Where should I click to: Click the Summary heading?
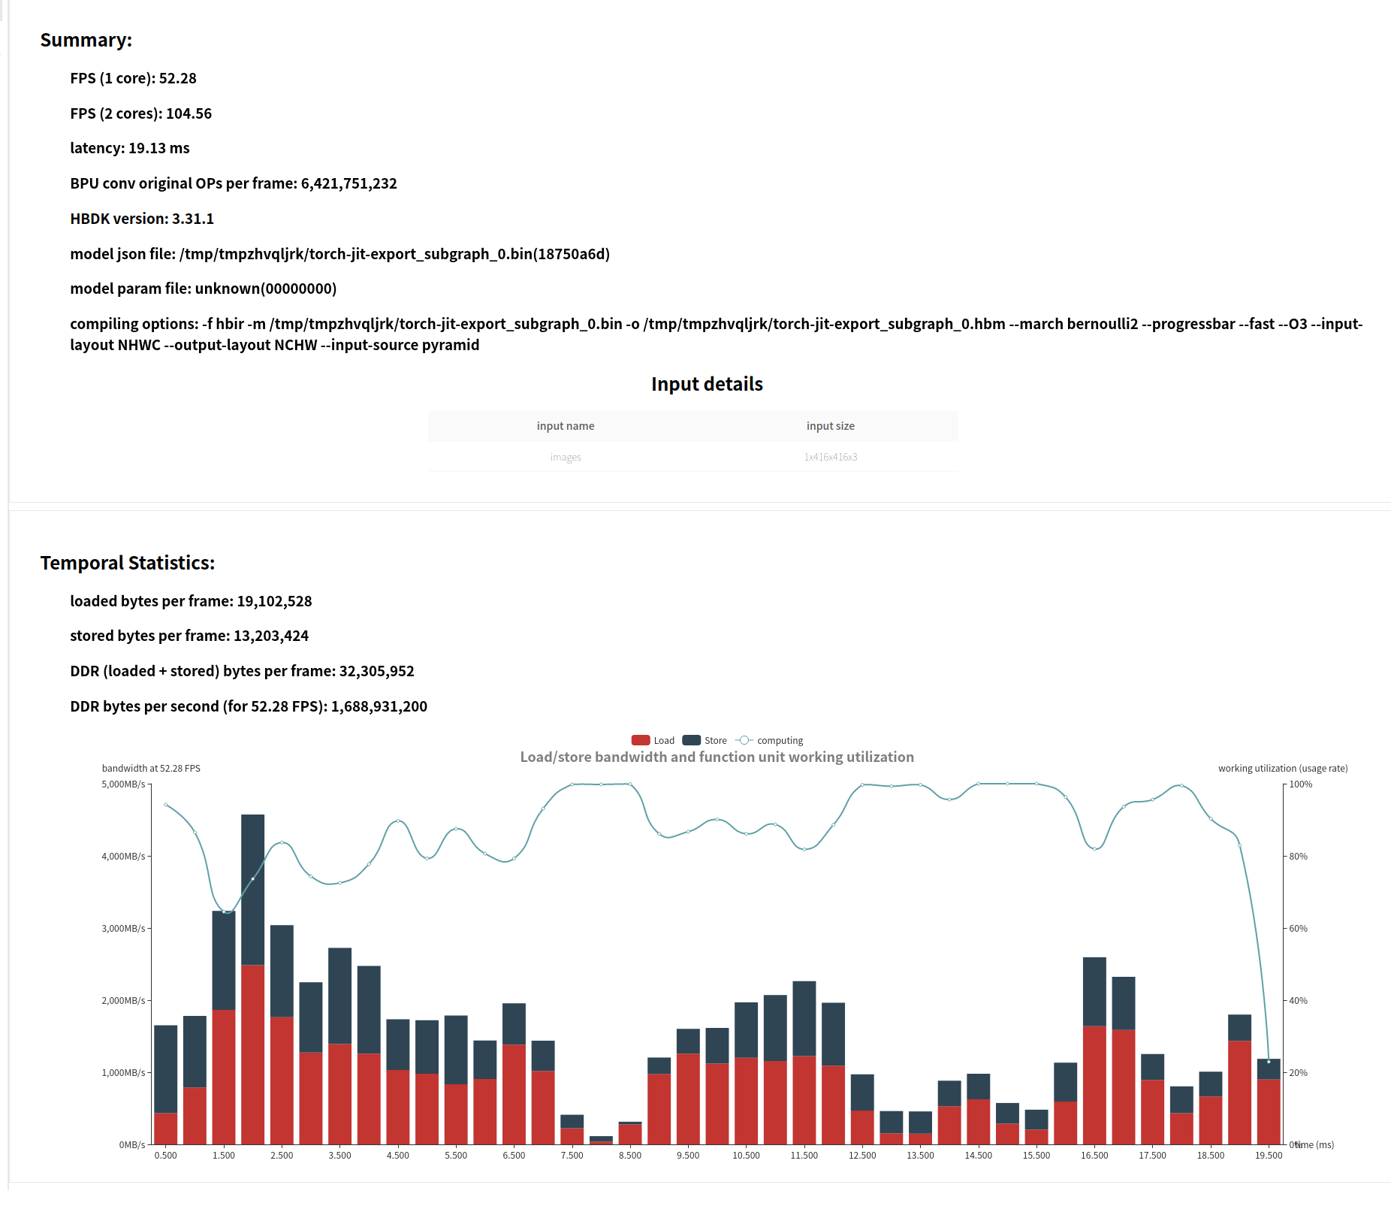point(86,40)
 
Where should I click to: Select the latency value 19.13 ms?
point(158,148)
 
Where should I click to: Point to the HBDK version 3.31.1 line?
point(142,219)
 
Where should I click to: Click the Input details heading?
point(707,384)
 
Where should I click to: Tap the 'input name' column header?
point(566,426)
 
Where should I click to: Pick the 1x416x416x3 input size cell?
point(830,457)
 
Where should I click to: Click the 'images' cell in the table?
point(566,457)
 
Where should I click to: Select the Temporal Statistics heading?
point(127,563)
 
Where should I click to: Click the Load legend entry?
point(653,740)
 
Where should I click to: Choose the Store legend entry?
point(705,740)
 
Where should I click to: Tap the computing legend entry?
point(770,740)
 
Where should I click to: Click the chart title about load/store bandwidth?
point(717,757)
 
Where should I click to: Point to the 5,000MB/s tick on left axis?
point(123,784)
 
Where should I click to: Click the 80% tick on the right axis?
point(1298,857)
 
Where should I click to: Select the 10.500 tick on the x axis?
point(746,1156)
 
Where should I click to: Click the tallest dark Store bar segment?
point(252,889)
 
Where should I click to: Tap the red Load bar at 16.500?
point(1094,1084)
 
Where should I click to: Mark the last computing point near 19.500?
point(1269,1062)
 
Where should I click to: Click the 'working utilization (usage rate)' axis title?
point(1282,768)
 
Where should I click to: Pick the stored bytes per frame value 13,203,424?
point(271,636)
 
